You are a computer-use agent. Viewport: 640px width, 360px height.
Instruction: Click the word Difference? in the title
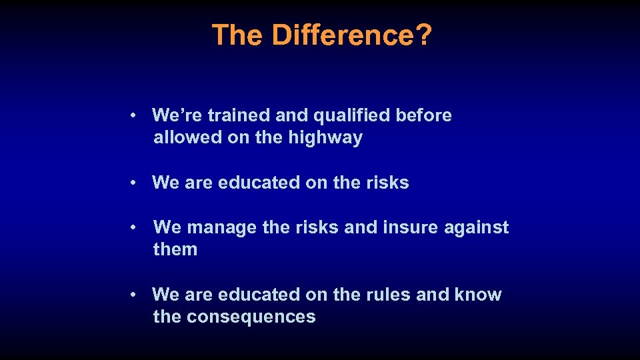[x=352, y=35]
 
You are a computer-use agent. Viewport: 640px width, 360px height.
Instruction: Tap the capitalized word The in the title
[x=239, y=35]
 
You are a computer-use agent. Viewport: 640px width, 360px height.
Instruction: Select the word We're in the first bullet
[x=177, y=115]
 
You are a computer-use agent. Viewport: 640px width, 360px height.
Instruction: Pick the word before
[x=423, y=115]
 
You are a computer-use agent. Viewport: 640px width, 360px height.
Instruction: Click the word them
[x=175, y=250]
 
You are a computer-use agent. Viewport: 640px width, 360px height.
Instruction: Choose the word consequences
[x=251, y=317]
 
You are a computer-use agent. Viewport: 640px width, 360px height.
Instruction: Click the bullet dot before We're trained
[x=135, y=116]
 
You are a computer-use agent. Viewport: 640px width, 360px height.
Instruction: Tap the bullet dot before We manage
[x=135, y=228]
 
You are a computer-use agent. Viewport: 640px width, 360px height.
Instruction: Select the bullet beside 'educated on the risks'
[x=135, y=183]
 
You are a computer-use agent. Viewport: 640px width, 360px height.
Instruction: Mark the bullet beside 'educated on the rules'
[x=135, y=295]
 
